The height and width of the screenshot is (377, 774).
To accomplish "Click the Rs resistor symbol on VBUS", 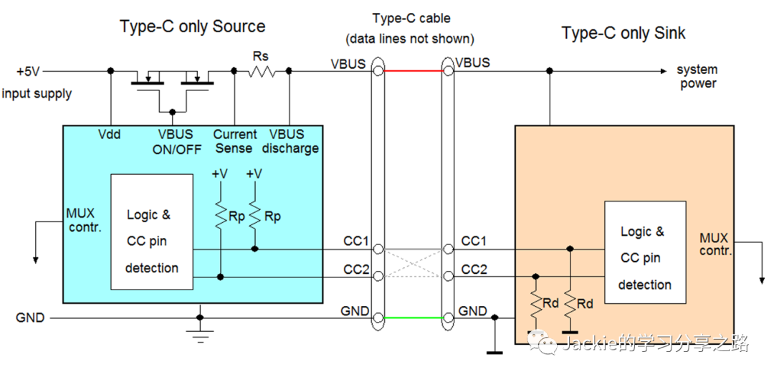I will (262, 71).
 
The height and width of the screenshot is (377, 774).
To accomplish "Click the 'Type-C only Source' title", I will (192, 27).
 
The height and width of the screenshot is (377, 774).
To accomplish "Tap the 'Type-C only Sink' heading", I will (623, 33).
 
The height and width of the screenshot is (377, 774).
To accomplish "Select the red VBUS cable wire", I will (413, 71).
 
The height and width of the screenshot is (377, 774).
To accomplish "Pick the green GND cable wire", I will (413, 317).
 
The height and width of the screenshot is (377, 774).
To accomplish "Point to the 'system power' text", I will (697, 77).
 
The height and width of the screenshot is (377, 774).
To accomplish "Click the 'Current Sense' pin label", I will (234, 141).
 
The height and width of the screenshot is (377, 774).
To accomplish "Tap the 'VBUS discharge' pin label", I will (290, 141).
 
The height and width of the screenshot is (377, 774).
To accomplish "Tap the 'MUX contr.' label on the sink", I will (715, 244).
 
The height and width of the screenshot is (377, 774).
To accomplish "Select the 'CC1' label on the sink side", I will (474, 242).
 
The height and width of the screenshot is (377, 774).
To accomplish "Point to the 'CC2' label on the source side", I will (355, 269).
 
